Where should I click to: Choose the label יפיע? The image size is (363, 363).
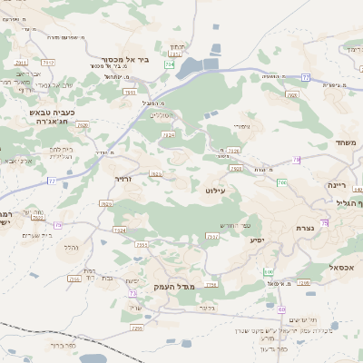click(257, 240)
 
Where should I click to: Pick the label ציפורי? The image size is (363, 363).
click(240, 126)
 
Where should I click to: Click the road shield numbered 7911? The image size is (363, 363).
click(20, 62)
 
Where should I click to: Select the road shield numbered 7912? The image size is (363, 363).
click(48, 62)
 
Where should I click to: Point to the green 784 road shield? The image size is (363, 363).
click(169, 65)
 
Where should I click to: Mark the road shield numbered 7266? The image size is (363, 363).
click(303, 282)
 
